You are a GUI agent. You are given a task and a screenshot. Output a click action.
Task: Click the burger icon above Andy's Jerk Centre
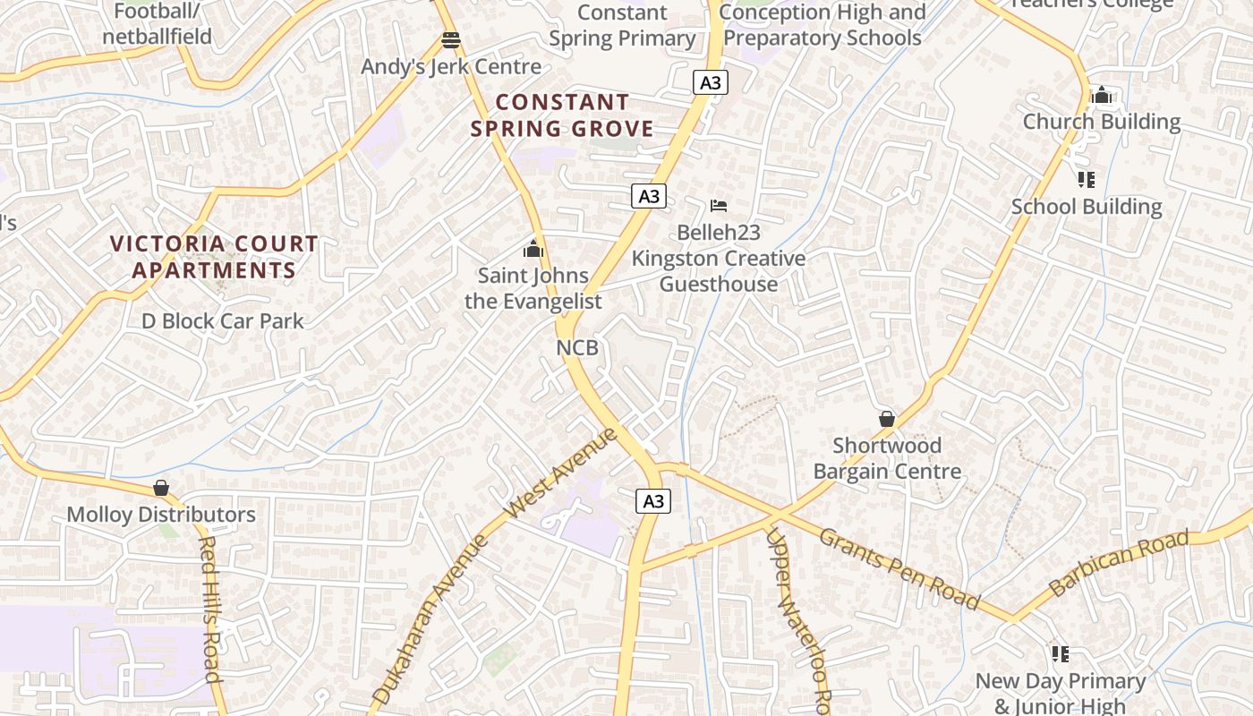(450, 40)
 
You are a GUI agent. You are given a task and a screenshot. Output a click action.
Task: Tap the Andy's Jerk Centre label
(450, 67)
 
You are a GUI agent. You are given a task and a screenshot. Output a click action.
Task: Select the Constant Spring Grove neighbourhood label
(562, 115)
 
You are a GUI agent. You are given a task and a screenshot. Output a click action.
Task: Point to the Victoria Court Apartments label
(214, 257)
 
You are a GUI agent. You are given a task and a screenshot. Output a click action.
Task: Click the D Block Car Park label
(223, 321)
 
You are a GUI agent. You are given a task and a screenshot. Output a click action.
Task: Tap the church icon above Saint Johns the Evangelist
(533, 249)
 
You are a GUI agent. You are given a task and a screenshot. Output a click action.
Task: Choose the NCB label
(576, 347)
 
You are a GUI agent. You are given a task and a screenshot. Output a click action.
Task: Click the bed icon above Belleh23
(718, 206)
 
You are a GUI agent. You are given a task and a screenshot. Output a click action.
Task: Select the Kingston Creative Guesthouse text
(719, 271)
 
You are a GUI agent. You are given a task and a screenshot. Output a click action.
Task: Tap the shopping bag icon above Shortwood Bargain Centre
(886, 419)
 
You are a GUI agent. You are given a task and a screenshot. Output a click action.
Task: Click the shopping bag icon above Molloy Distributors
(161, 488)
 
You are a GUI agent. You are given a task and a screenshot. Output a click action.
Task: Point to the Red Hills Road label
(209, 609)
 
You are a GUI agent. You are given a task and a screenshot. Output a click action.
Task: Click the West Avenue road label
(561, 473)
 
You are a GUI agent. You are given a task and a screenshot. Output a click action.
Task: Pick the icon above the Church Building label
(1101, 96)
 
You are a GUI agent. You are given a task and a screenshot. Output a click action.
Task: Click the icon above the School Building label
(1087, 180)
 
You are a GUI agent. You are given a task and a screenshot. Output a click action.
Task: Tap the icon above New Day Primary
(1060, 654)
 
